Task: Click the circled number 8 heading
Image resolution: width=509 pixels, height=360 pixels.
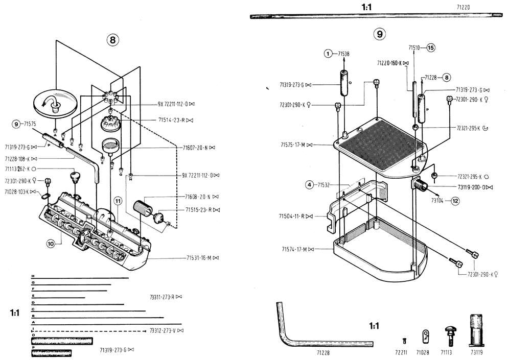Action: (112, 40)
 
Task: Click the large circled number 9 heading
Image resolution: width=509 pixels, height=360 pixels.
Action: (380, 34)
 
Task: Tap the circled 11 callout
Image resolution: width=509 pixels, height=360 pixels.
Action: (118, 201)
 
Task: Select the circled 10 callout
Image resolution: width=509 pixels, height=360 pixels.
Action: (51, 244)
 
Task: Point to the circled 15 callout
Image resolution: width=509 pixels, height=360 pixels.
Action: (430, 47)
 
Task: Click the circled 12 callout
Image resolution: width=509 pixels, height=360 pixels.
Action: (455, 201)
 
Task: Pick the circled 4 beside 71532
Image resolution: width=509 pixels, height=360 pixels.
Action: (310, 185)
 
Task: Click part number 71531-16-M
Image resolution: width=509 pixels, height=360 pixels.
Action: (199, 258)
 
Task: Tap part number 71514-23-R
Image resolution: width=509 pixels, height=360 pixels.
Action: (171, 120)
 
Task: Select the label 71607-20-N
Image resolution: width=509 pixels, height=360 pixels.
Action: (195, 148)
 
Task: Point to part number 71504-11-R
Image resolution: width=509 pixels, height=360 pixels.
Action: (291, 216)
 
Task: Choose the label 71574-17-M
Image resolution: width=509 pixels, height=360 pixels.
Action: (294, 249)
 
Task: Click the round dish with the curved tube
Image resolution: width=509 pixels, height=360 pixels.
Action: (55, 103)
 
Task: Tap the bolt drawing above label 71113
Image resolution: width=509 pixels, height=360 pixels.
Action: (449, 337)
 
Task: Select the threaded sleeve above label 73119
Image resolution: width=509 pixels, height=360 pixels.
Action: (476, 330)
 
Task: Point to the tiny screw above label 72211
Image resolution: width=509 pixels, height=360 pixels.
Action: (404, 341)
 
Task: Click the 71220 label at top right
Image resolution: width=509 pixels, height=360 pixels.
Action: (463, 7)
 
